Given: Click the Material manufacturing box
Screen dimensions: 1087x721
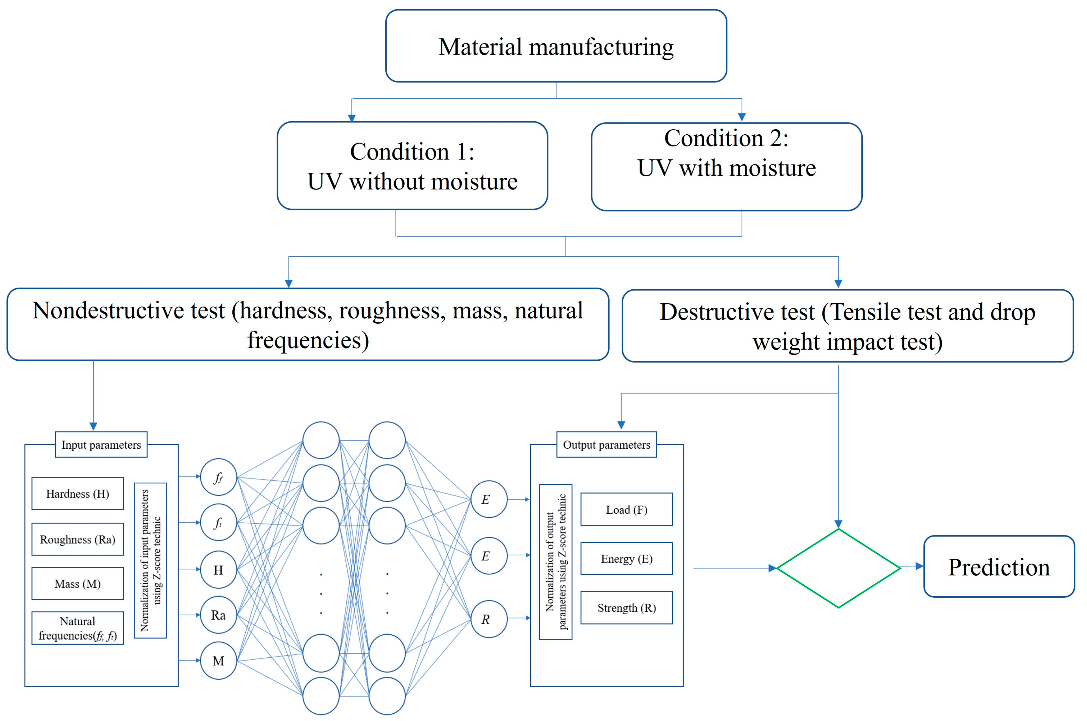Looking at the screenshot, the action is coord(556,46).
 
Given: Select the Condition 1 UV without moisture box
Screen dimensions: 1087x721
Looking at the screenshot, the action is coord(412,165).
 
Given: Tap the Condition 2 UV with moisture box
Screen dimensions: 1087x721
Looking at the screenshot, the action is coord(726,166).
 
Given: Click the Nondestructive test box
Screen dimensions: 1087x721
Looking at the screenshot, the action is coord(308,324).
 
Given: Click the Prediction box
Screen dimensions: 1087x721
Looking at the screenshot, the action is coord(999,567).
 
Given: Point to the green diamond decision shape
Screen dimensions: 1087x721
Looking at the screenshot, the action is coord(838,568).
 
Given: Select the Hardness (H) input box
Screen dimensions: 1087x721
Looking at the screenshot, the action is coord(78,493).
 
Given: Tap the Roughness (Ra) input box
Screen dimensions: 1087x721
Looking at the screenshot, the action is coord(78,539).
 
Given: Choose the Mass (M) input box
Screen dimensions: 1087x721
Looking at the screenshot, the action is coord(78,584).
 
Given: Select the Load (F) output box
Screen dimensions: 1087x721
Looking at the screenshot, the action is coord(626,509).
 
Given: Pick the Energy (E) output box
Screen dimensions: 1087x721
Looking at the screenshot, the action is coord(626,558).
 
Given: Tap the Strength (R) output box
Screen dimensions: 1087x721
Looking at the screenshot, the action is coord(626,607).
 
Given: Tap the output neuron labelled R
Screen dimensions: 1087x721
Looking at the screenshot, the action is coord(489,619).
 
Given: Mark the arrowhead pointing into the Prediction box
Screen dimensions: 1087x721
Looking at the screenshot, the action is coord(920,566).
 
